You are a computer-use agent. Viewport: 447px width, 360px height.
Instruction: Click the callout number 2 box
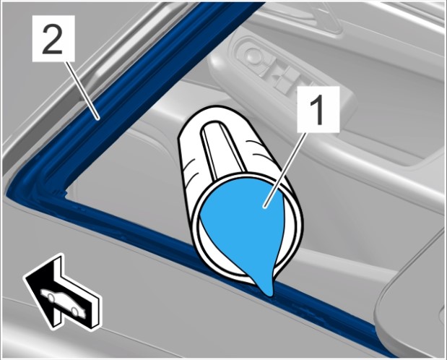click(53, 38)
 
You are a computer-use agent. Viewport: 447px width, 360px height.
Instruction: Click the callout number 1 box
click(318, 110)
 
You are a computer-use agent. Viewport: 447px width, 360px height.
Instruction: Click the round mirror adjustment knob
click(253, 55)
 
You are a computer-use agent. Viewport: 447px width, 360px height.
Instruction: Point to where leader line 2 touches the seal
click(98, 119)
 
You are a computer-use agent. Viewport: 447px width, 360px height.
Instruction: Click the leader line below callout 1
click(285, 170)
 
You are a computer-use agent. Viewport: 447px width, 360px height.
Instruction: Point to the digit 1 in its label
click(318, 110)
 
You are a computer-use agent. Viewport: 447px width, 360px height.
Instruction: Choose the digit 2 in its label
click(53, 38)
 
